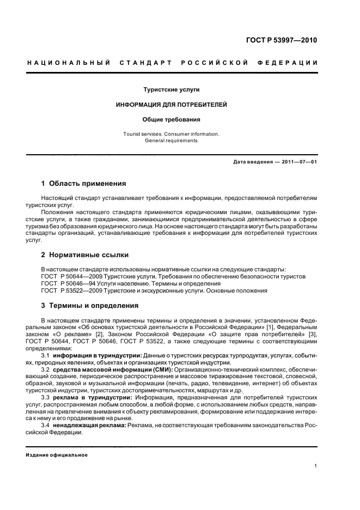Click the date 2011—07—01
pyautogui.click(x=298, y=162)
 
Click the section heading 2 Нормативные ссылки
pyautogui.click(x=86, y=254)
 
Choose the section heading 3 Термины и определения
pyautogui.click(x=90, y=305)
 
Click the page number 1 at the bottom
pyautogui.click(x=315, y=466)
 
